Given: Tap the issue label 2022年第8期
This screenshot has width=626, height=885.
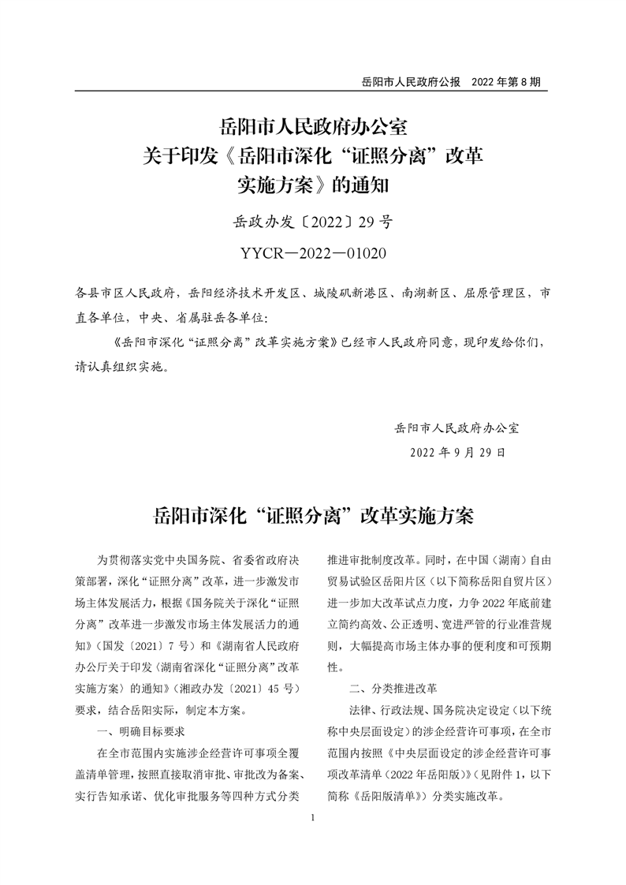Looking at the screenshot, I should click(505, 81).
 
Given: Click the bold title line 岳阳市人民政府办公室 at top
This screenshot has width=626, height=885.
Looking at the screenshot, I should click(313, 126).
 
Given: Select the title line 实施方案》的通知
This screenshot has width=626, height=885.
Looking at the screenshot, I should click(313, 186).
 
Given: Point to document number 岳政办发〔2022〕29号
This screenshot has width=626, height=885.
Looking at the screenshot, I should click(313, 222).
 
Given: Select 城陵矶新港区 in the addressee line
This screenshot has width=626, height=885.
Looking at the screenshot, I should click(350, 293).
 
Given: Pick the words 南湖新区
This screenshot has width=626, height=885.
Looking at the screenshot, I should click(423, 293).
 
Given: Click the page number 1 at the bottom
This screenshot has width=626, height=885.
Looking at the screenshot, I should click(313, 818).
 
